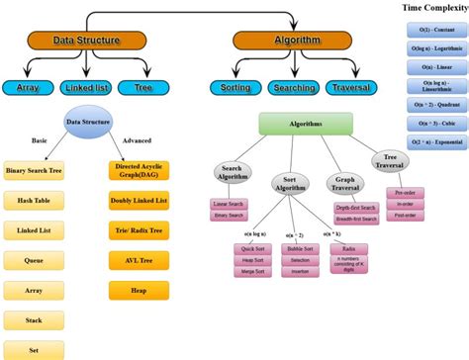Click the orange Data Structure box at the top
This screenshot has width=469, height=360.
(86, 41)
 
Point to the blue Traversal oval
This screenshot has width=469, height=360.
(349, 88)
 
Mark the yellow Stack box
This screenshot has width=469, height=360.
(35, 320)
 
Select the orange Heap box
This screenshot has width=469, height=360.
(137, 291)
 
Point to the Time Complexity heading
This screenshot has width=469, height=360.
(435, 8)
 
